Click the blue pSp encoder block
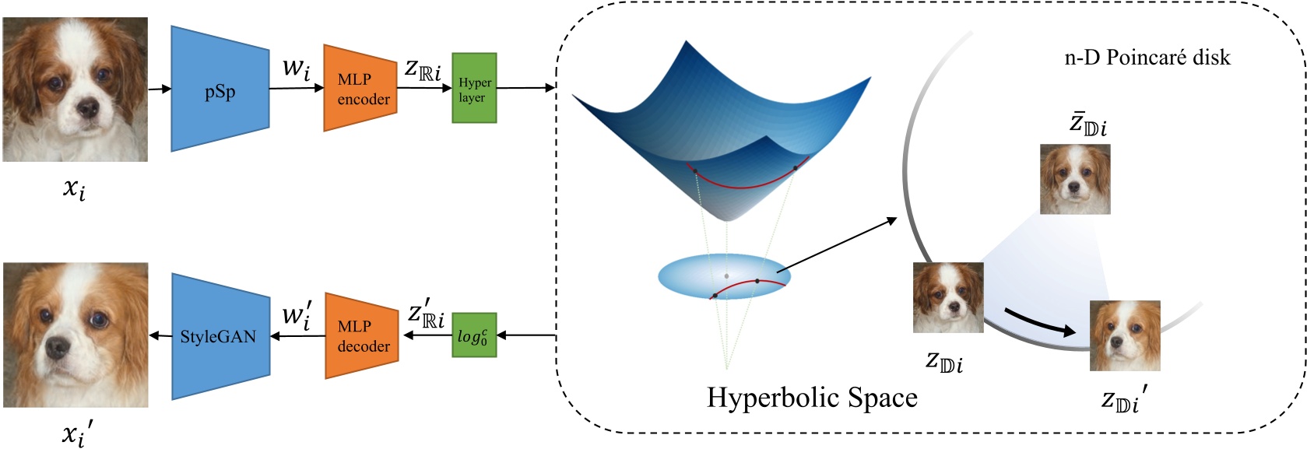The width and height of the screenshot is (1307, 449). [220, 89]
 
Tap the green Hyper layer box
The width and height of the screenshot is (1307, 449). [474, 89]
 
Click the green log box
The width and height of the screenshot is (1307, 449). [473, 335]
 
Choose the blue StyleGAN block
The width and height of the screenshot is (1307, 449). [220, 336]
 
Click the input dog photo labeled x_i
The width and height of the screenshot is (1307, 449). [75, 89]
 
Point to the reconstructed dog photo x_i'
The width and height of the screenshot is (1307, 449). [75, 335]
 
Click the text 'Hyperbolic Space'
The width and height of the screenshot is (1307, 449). [811, 398]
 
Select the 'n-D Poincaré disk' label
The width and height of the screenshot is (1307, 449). [1147, 58]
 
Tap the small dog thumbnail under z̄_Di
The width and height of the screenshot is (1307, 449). [1075, 179]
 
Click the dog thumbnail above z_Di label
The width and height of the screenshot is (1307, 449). [947, 297]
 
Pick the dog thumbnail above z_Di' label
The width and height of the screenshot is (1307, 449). [1124, 335]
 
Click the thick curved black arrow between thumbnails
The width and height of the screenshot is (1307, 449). [1038, 321]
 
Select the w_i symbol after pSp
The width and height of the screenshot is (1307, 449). [296, 68]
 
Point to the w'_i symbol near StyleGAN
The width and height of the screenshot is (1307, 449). [296, 315]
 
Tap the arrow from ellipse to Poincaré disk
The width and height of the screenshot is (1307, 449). [837, 245]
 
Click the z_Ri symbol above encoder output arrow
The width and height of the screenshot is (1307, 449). [423, 70]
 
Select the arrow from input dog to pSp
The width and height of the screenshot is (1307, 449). [159, 89]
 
